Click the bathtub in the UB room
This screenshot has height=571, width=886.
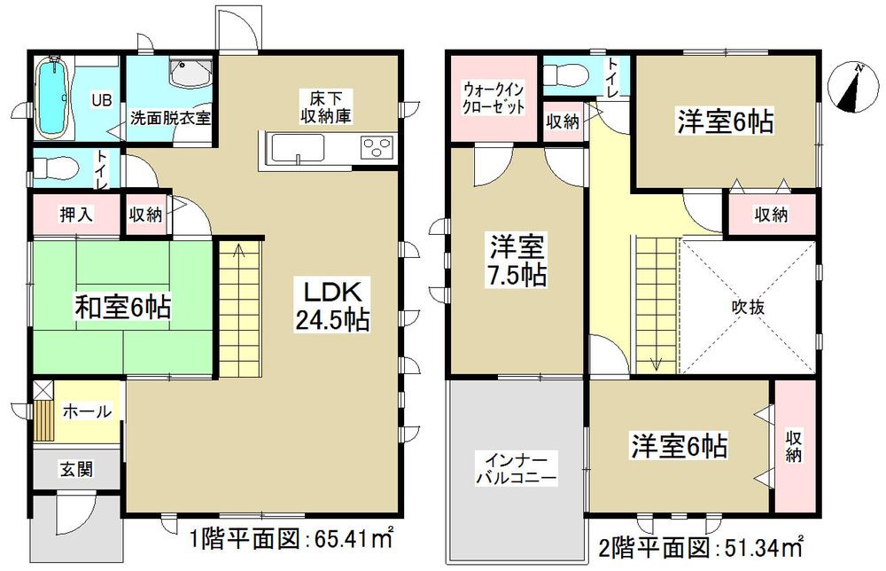pos(55,96)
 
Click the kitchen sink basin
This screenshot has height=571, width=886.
pos(301,147)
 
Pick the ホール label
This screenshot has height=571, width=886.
pos(87,411)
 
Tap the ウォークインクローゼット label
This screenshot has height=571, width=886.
pos(494,98)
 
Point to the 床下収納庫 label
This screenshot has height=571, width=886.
pos(320,105)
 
